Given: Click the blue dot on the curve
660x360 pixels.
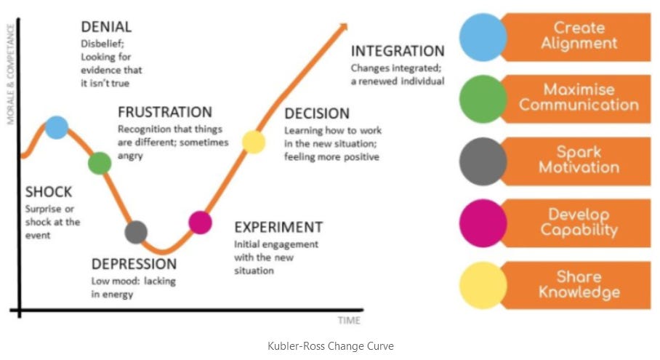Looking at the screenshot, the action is tap(57, 127).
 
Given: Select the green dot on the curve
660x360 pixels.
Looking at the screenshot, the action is tap(100, 163).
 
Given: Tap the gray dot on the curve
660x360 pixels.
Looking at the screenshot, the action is tap(136, 232).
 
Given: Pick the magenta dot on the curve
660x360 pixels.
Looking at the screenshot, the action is tap(200, 222).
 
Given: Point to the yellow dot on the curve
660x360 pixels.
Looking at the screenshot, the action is tap(253, 141).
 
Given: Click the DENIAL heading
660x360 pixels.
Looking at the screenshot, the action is tap(106, 27).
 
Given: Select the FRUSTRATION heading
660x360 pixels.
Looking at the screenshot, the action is tap(164, 112).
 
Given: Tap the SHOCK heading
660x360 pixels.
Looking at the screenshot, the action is tap(49, 192).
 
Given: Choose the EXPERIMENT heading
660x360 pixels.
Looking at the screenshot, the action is tap(278, 227).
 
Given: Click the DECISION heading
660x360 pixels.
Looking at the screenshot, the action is tap(317, 113).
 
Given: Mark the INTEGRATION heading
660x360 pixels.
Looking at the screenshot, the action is tap(397, 51).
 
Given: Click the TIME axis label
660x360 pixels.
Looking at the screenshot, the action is tap(349, 321).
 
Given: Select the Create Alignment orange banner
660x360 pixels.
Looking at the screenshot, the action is tap(578, 36).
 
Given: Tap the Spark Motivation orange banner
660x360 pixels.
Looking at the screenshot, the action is tap(578, 160).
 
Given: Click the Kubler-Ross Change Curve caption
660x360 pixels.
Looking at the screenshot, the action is tap(331, 346).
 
